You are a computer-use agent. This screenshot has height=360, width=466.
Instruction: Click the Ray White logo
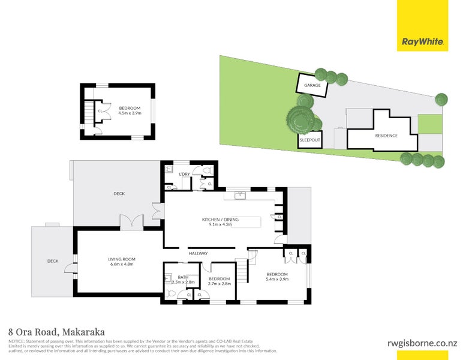click(422, 42)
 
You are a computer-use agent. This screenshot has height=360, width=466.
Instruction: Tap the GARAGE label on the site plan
click(312, 85)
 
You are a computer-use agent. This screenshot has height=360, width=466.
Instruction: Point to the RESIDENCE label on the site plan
click(386, 136)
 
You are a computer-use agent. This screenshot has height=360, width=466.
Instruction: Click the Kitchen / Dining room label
click(220, 220)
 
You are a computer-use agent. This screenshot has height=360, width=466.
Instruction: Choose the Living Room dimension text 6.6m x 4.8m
click(120, 264)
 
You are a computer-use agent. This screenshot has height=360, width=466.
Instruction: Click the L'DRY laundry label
click(185, 174)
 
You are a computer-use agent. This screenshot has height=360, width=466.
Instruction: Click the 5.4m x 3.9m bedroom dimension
click(277, 279)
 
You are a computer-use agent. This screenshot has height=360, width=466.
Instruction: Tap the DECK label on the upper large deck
click(119, 193)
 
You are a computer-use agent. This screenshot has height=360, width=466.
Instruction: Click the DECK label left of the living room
click(53, 260)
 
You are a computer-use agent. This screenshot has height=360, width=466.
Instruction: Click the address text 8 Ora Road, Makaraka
click(56, 331)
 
